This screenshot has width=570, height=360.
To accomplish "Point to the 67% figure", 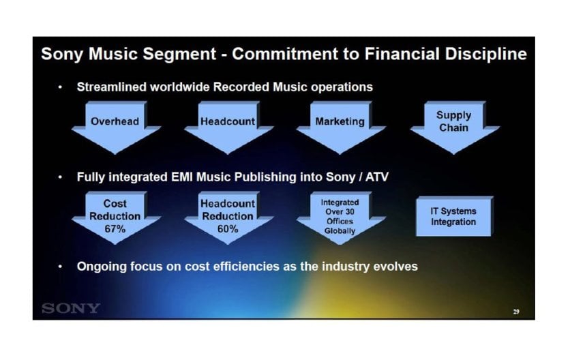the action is [x=115, y=229].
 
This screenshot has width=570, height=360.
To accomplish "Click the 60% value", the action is [x=228, y=229].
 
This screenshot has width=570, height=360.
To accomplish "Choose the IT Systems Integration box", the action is [x=454, y=216].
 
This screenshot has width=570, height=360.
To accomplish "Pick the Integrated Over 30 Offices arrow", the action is [x=340, y=217].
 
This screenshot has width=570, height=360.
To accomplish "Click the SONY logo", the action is [x=71, y=308].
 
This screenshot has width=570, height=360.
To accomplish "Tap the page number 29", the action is [x=516, y=312].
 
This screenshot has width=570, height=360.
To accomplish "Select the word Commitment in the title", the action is [x=285, y=54].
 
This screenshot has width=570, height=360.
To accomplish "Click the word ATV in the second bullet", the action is [x=377, y=177].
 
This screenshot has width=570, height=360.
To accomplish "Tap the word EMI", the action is [x=182, y=177].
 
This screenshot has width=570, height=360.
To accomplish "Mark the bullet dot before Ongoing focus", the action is [x=60, y=267].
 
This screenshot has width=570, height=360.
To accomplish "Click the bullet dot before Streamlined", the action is [x=60, y=87].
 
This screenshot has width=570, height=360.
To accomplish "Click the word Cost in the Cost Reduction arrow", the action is [x=115, y=203].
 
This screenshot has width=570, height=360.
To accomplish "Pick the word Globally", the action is [x=340, y=231].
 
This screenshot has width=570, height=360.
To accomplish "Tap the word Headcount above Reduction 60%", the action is [x=228, y=204].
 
